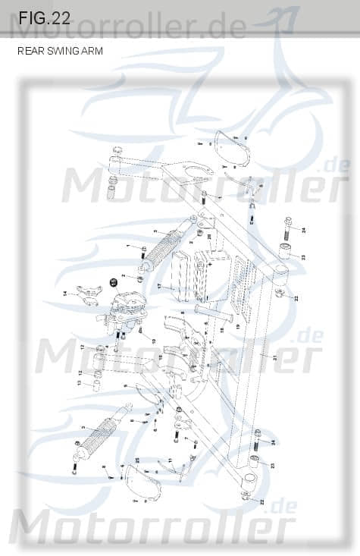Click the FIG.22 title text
45,18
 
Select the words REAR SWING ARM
60,52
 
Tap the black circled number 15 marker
114,282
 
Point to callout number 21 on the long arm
275,356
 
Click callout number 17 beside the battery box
159,286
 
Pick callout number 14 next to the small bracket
65,293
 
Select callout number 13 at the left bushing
79,383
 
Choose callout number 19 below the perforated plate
237,326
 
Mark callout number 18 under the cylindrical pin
222,330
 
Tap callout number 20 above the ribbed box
209,237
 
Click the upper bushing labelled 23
288,252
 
